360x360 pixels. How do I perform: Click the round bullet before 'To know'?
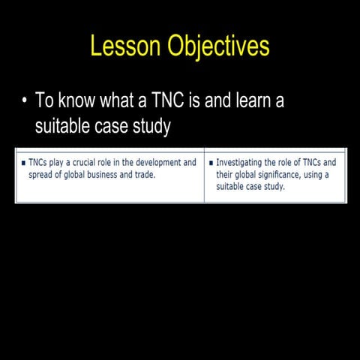click(25, 102)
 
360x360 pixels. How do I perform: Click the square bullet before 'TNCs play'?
click(22, 163)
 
